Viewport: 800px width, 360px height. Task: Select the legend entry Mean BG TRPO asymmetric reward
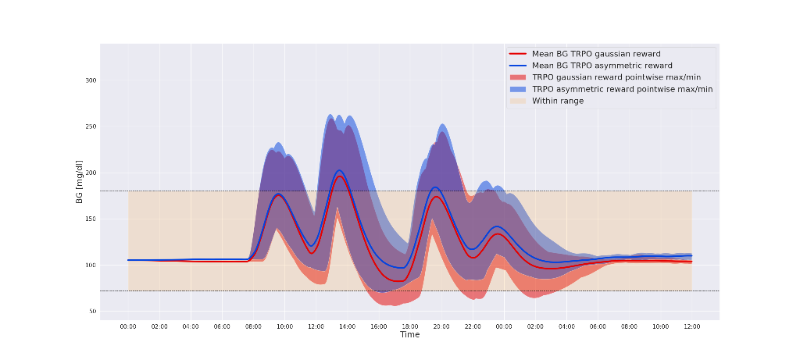click(602, 66)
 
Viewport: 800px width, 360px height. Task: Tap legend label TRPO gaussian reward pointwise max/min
click(621, 77)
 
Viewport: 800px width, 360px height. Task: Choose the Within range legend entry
click(558, 101)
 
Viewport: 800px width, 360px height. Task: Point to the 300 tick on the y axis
click(91, 80)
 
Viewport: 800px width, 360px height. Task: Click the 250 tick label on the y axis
click(91, 127)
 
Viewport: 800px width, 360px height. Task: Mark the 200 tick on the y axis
click(91, 173)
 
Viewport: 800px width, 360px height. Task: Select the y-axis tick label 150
click(91, 219)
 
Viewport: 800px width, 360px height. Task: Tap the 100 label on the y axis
click(91, 266)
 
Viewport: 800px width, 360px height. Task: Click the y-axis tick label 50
click(92, 312)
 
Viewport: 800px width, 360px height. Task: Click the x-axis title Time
click(410, 334)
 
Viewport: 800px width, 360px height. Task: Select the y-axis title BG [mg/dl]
click(80, 182)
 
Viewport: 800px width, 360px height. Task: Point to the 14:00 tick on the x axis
click(347, 326)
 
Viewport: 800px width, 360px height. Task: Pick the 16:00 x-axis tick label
click(378, 326)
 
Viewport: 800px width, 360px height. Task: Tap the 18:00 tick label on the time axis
click(409, 326)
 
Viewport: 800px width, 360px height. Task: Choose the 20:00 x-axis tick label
click(441, 326)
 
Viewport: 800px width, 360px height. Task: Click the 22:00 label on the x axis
click(472, 326)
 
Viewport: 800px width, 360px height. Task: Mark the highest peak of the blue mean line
click(339, 170)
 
